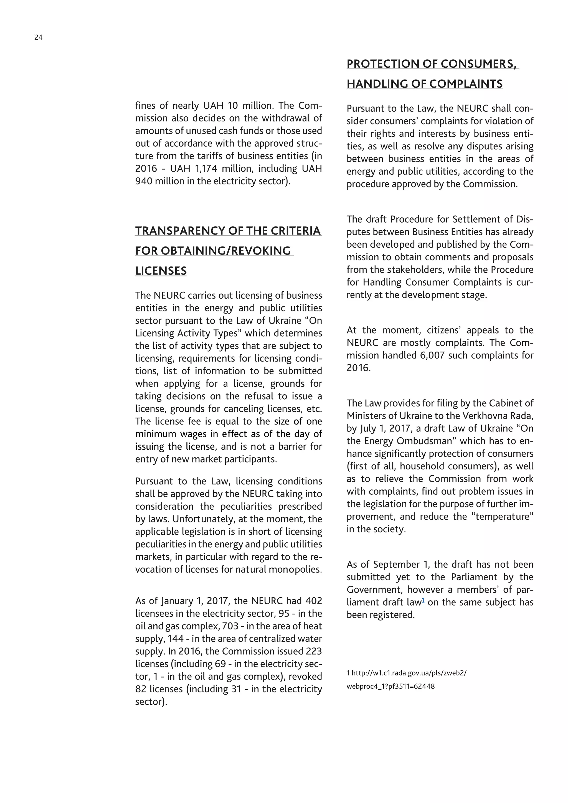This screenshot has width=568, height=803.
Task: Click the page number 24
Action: click(39, 37)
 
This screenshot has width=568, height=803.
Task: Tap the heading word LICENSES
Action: click(161, 271)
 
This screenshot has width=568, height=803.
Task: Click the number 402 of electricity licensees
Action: click(313, 601)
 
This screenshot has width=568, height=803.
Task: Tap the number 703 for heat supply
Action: click(230, 626)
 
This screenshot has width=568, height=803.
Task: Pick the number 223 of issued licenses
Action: click(313, 651)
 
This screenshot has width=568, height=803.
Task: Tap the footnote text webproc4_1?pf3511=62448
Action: click(390, 686)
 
